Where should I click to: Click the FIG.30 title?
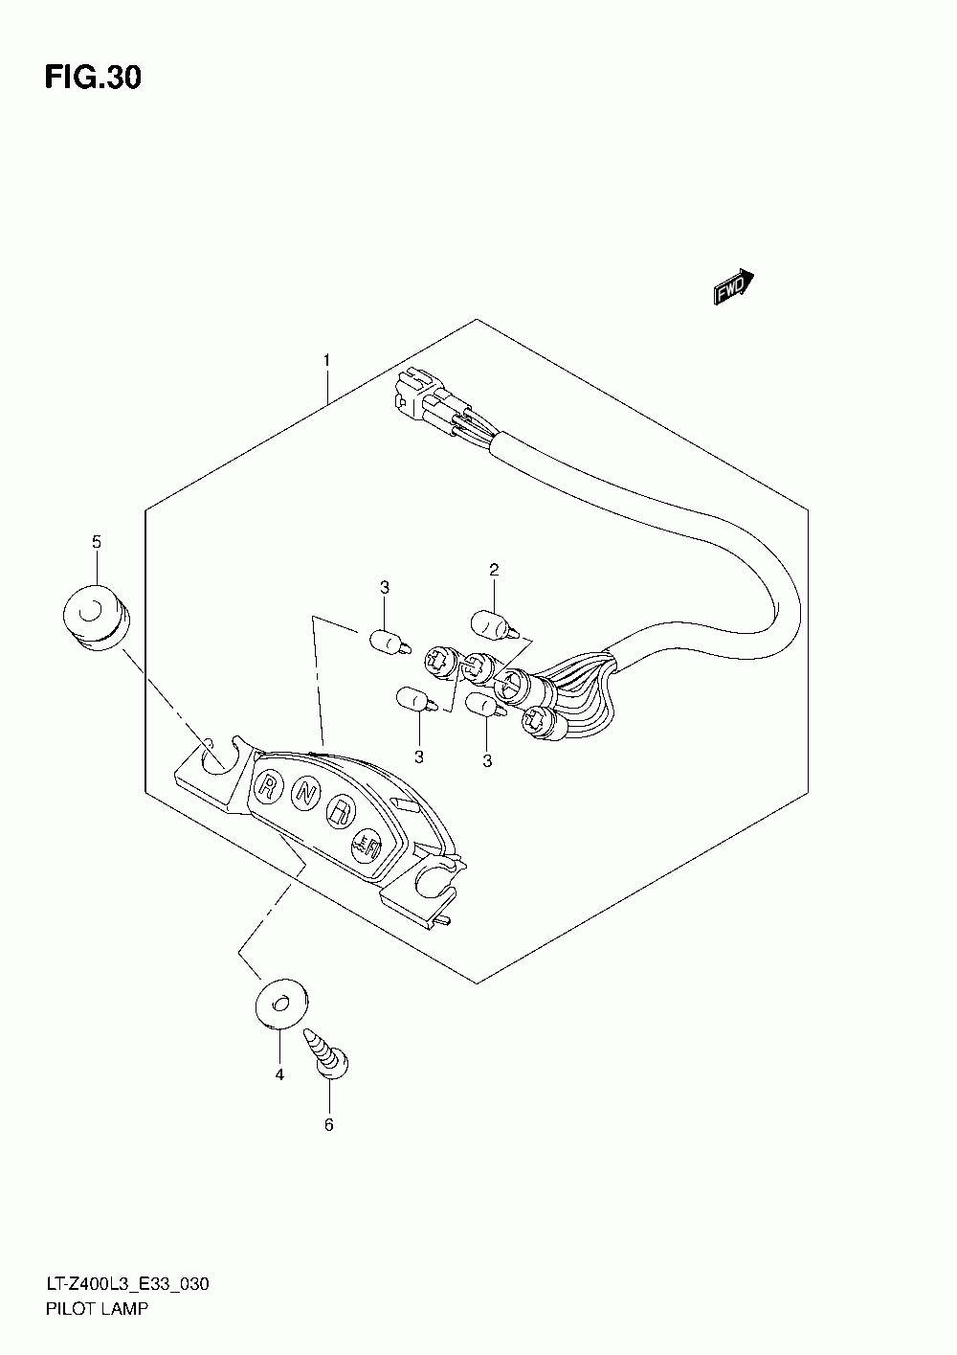(x=93, y=78)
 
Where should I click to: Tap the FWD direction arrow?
(x=734, y=286)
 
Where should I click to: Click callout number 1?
(x=326, y=360)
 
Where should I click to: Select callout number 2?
(x=494, y=570)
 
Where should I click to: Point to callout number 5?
(x=96, y=542)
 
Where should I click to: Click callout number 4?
(x=279, y=1075)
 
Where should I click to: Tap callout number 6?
(x=328, y=1124)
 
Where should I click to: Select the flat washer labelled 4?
(x=279, y=1003)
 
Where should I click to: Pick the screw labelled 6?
(x=328, y=1053)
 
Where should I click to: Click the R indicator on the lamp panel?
(x=269, y=788)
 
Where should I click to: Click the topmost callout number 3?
(x=383, y=586)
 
